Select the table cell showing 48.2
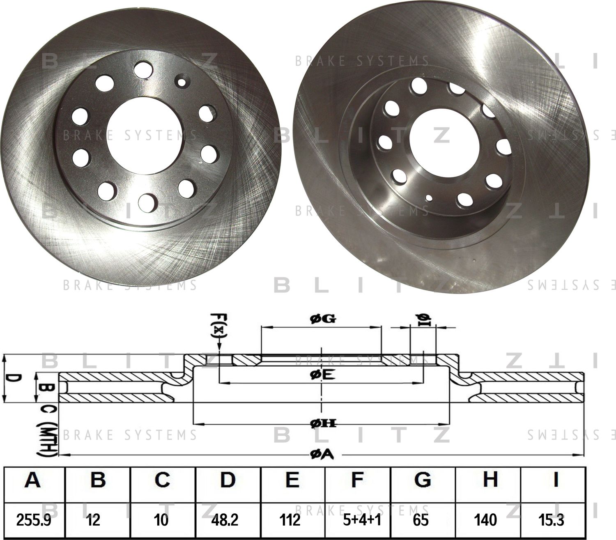click(x=227, y=520)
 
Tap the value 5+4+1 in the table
click(x=357, y=520)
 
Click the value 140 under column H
click(x=488, y=520)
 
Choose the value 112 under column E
click(x=292, y=520)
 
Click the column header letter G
click(x=422, y=479)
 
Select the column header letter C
click(x=162, y=479)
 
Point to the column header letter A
click(x=32, y=479)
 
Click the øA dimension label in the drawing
click(x=322, y=454)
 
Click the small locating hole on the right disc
click(x=429, y=198)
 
